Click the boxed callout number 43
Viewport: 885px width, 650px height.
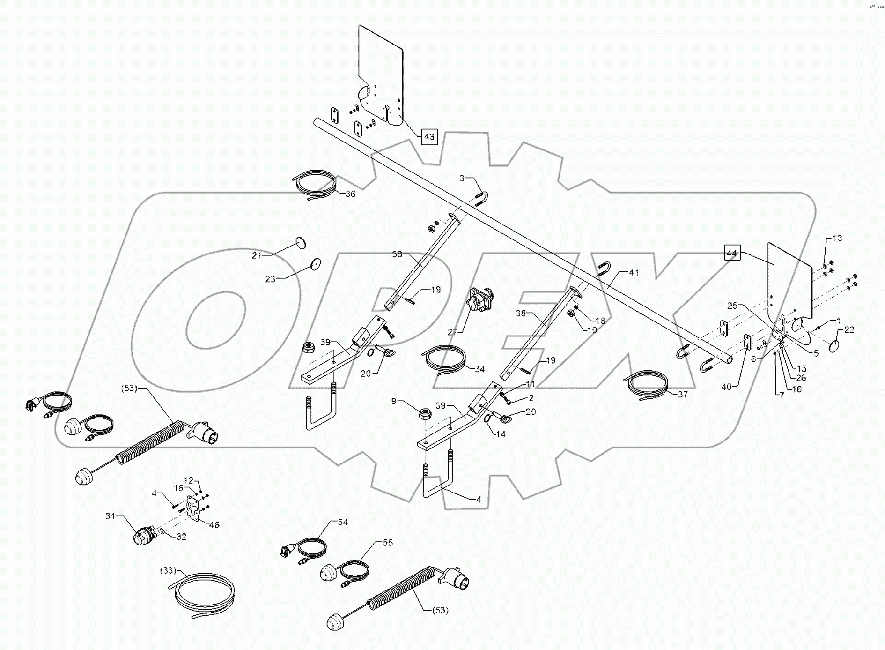coord(429,137)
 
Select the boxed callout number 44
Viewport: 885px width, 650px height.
coord(732,254)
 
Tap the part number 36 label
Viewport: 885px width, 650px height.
coord(350,194)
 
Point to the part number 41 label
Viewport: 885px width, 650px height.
coord(634,273)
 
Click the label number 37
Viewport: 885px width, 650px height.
coord(683,394)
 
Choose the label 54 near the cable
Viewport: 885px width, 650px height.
coord(343,522)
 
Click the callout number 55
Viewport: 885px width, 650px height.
coord(388,543)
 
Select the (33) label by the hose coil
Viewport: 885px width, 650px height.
coord(168,571)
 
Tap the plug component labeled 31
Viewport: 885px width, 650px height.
coord(143,537)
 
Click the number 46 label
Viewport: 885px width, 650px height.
coord(214,525)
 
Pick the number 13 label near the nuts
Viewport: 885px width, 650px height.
coord(837,238)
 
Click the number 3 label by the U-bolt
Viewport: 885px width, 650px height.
coord(462,178)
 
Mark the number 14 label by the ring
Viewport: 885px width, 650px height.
coord(501,434)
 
